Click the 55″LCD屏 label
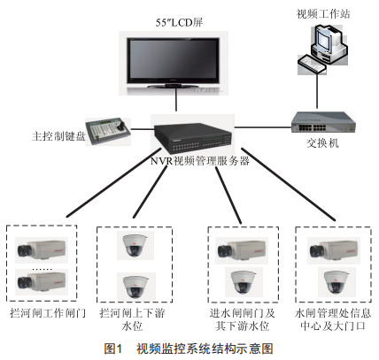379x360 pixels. pyautogui.click(x=179, y=22)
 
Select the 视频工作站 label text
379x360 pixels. pyautogui.click(x=323, y=13)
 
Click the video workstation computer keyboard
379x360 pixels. pyautogui.click(x=312, y=64)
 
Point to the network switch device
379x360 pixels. pyautogui.click(x=323, y=122)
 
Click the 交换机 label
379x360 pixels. pyautogui.click(x=322, y=143)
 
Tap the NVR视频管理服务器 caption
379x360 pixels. pyautogui.click(x=200, y=161)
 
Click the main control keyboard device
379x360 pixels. pyautogui.click(x=108, y=131)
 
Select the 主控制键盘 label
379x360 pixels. pyautogui.click(x=58, y=136)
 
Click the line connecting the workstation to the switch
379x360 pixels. pyautogui.click(x=317, y=91)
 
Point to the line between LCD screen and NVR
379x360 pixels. pyautogui.click(x=176, y=100)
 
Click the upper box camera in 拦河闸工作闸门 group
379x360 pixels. pyautogui.click(x=42, y=250)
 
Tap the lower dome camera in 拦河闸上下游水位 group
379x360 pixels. pyautogui.click(x=136, y=286)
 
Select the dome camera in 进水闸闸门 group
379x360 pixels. pyautogui.click(x=244, y=282)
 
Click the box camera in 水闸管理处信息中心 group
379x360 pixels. pyautogui.click(x=334, y=250)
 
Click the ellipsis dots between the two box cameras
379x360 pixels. pyautogui.click(x=42, y=269)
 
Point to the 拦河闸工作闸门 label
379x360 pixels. pyautogui.click(x=48, y=313)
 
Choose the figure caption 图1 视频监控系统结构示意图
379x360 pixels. pyautogui.click(x=189, y=349)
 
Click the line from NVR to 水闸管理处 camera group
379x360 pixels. pyautogui.click(x=289, y=184)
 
